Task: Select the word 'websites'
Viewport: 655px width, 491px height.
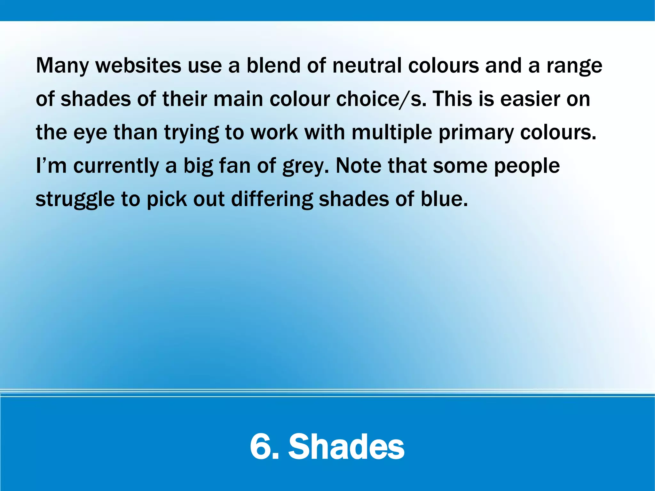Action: pos(138,65)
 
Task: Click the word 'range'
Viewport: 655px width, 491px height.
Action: pos(574,66)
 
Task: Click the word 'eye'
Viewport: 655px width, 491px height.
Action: pos(90,133)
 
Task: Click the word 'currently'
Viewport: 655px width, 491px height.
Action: pos(116,166)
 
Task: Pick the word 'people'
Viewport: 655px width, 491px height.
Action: pos(527,166)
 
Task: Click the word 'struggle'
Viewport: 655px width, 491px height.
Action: pos(75,200)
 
